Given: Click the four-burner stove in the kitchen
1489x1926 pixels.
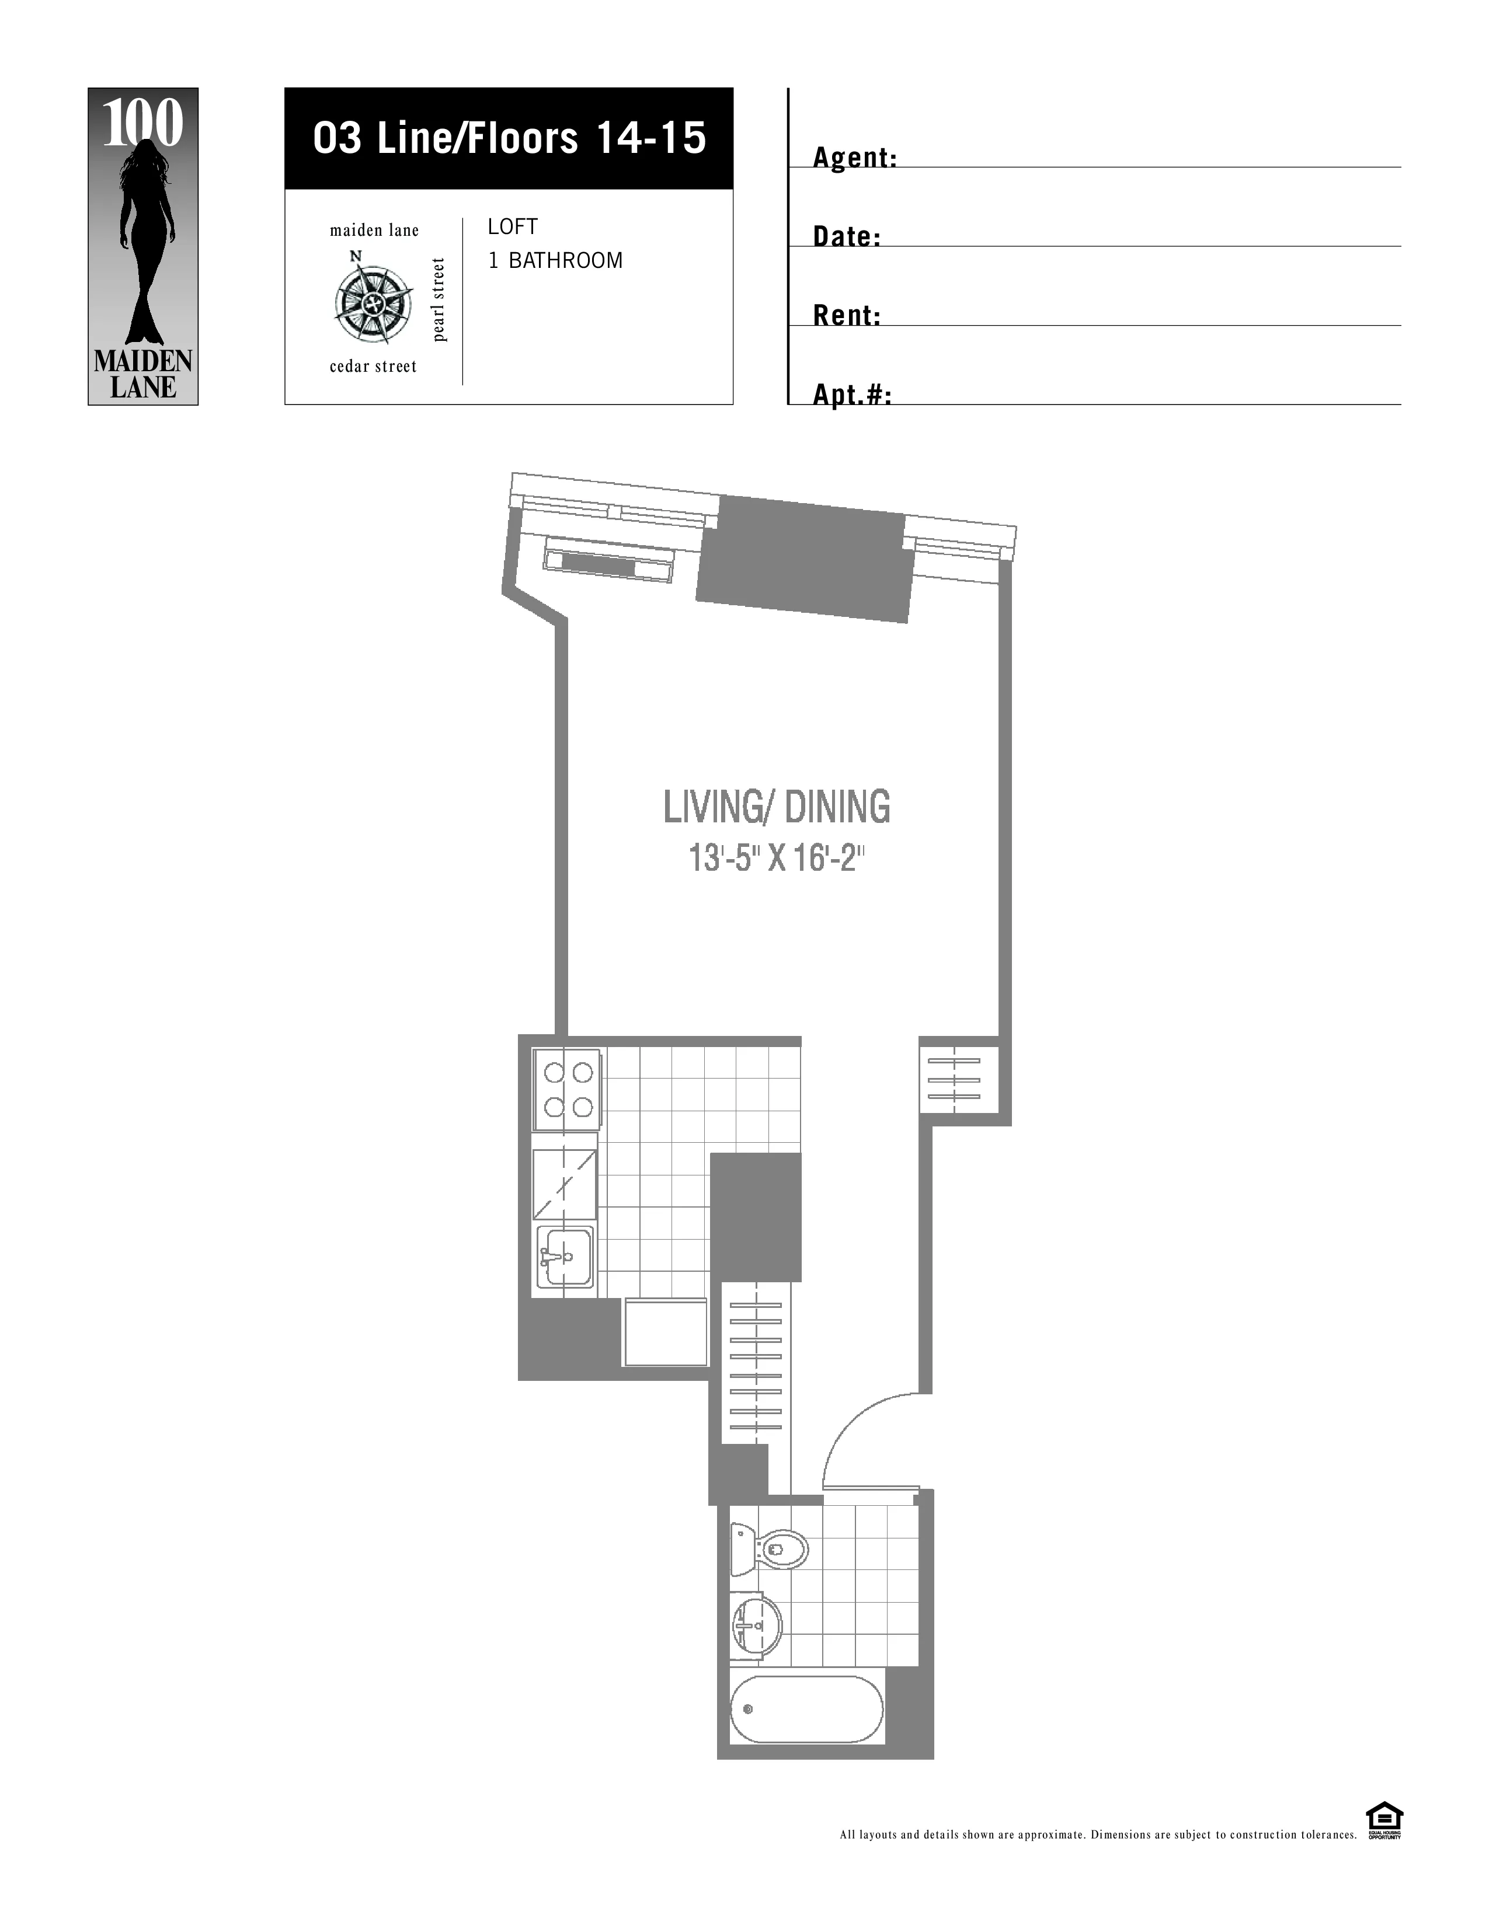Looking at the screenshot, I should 567,1090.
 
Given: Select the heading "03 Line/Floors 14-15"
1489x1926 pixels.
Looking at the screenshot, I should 509,138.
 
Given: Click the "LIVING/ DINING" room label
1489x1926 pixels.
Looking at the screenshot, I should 776,807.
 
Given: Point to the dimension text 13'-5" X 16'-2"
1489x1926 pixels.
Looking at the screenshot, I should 776,858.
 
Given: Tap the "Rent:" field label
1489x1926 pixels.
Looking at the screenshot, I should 847,316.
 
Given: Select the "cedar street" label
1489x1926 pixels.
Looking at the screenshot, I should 373,366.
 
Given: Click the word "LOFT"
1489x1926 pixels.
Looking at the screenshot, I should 513,226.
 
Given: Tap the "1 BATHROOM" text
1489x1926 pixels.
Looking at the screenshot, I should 556,260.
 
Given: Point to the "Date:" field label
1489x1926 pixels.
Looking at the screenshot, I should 847,236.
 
